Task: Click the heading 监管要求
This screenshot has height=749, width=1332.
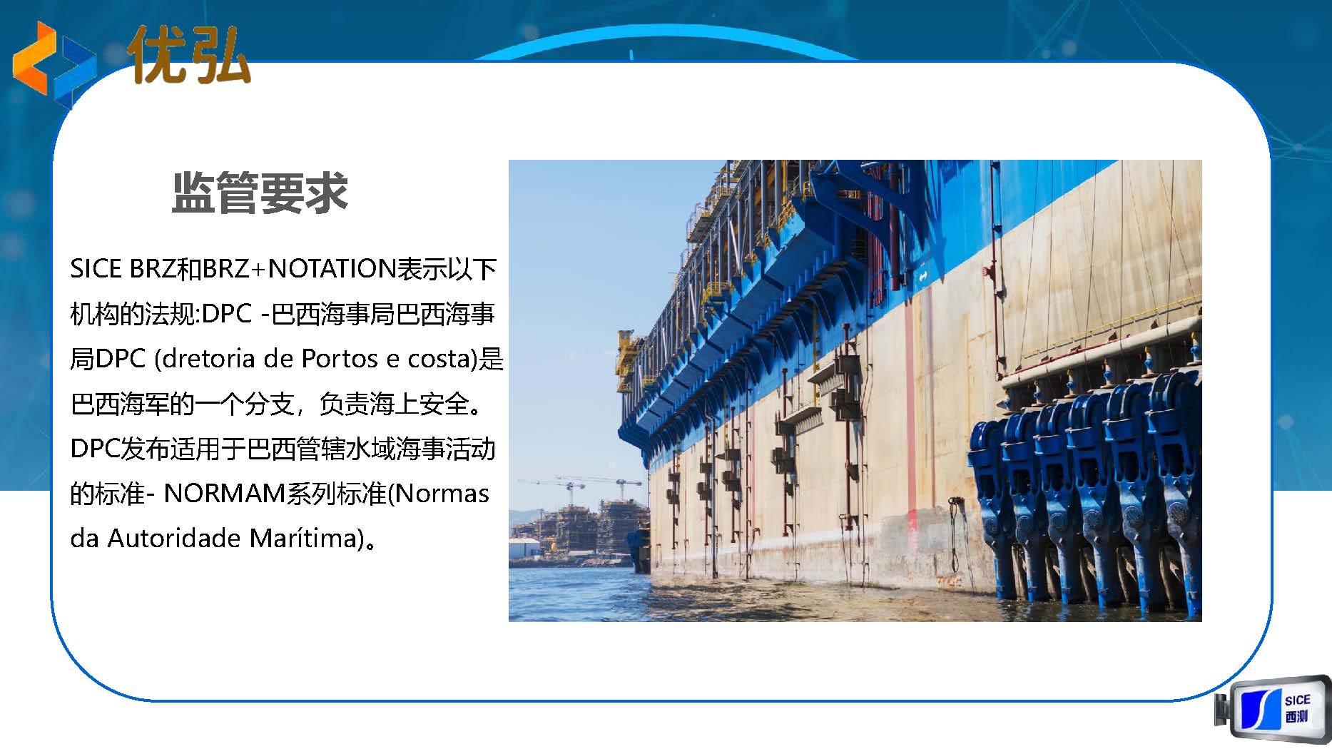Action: pos(260,193)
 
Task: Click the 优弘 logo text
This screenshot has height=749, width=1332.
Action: pos(190,55)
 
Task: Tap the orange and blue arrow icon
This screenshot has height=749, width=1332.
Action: pos(54,62)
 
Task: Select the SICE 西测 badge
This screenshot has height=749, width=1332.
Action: pos(1273,710)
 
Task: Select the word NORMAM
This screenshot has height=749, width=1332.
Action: pos(225,494)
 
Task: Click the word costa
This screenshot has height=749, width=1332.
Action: pos(438,359)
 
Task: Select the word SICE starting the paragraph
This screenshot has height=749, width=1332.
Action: pos(96,269)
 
